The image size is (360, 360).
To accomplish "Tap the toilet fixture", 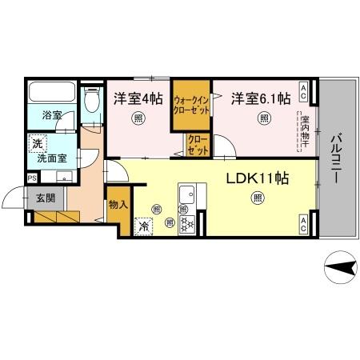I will [91, 100].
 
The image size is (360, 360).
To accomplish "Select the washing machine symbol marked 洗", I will [36, 145].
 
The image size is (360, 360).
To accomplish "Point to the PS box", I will [32, 178].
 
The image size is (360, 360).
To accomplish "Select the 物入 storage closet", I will [117, 205].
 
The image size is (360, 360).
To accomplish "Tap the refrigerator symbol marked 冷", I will [144, 226].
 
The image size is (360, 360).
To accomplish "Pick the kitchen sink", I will [190, 195].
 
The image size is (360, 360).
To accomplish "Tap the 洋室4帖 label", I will [138, 98].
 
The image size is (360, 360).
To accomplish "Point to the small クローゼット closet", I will [197, 146].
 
